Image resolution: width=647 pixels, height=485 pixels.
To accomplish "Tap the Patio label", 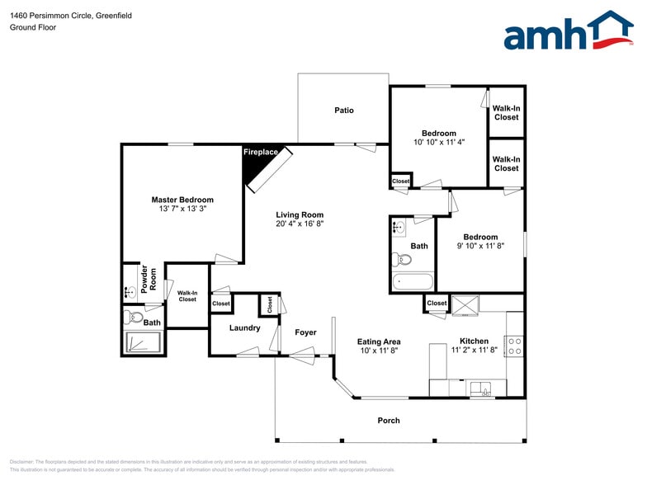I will click(x=344, y=111).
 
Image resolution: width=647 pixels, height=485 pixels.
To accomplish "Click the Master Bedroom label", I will click(x=182, y=200).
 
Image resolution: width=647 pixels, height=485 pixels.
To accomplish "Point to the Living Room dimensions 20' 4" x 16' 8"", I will click(x=300, y=223).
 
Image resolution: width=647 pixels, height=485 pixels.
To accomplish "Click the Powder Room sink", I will click(x=130, y=291).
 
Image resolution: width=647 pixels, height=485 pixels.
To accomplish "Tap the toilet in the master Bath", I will click(x=135, y=317).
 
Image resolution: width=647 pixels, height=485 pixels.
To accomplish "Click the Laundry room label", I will click(x=245, y=328).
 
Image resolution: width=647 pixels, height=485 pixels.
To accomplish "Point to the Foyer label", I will click(x=305, y=332).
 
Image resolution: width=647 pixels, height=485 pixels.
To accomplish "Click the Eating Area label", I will click(x=379, y=341).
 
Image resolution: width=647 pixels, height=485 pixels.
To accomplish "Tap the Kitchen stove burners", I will click(x=514, y=346).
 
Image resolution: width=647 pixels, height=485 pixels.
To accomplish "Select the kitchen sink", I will click(x=479, y=387).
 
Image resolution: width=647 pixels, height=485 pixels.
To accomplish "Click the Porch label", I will click(x=389, y=421).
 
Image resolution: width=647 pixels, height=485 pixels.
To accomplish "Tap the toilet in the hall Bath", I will click(x=403, y=259).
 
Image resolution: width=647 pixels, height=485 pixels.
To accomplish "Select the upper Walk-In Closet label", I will click(x=506, y=113).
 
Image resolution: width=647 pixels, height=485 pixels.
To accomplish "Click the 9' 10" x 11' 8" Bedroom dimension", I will click(x=480, y=246).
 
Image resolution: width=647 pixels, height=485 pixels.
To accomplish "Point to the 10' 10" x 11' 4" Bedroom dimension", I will click(x=439, y=142).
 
